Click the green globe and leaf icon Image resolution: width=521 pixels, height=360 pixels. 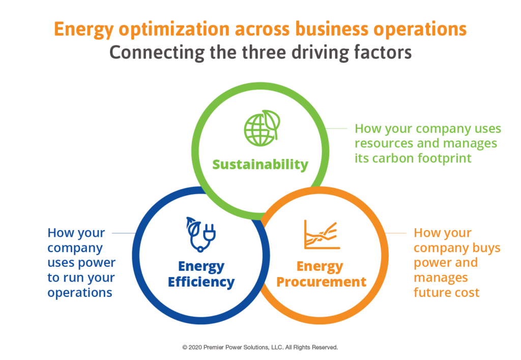click(x=262, y=128)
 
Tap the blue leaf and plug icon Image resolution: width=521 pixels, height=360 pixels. click(x=200, y=234)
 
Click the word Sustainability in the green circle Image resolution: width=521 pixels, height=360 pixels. click(x=260, y=164)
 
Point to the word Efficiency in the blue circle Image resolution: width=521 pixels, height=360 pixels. click(x=201, y=282)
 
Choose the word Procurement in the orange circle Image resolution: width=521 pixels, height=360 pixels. click(x=322, y=282)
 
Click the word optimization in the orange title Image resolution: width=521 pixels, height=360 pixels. click(x=174, y=29)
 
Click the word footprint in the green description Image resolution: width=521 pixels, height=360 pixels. click(x=444, y=158)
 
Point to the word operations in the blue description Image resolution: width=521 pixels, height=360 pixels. click(x=80, y=293)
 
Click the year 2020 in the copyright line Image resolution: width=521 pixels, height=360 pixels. click(x=195, y=347)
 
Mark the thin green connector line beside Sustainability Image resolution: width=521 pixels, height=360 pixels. click(x=336, y=128)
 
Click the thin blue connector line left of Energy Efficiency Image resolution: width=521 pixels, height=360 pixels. click(x=124, y=233)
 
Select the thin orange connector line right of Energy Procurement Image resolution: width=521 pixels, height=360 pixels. click(x=396, y=233)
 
